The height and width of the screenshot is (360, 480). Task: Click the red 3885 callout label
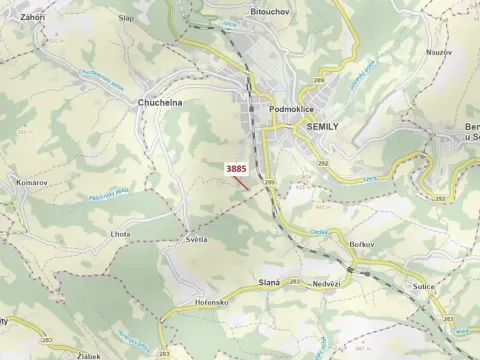pyautogui.click(x=236, y=169)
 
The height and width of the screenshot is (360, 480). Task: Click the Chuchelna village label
pyautogui.click(x=159, y=103)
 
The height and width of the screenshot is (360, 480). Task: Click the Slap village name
pyautogui.click(x=126, y=18)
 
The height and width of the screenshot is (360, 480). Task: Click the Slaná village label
pyautogui.click(x=269, y=283)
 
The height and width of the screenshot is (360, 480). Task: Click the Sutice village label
pyautogui.click(x=422, y=284)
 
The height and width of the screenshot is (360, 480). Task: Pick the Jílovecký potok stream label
pyautogui.click(x=368, y=86)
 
